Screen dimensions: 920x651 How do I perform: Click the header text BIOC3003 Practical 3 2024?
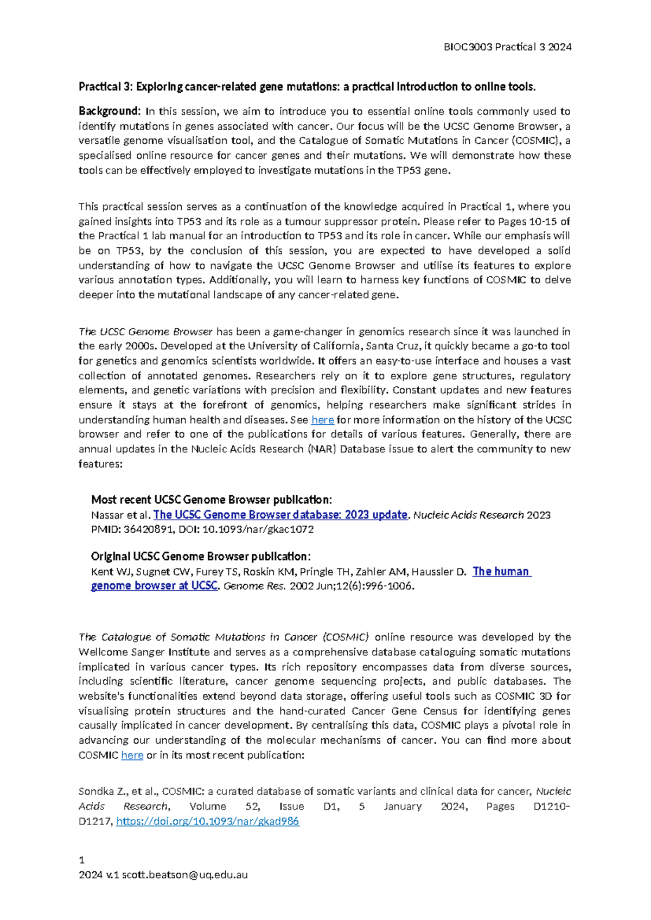coord(507,47)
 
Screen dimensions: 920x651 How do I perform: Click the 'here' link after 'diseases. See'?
coord(322,420)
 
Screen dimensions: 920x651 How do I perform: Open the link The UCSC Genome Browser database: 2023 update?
coord(280,515)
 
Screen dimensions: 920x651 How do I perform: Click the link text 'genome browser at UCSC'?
coord(154,586)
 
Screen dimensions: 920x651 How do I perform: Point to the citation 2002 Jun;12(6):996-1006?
coord(352,586)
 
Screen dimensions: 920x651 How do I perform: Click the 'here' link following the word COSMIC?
coord(132,755)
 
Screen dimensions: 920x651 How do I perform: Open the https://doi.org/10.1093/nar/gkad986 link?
coord(207,821)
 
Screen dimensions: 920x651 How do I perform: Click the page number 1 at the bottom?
coord(81,860)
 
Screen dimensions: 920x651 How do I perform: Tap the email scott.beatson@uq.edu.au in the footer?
coord(184,874)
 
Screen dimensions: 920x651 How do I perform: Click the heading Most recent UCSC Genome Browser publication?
coord(211,500)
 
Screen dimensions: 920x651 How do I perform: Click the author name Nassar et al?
coord(121,515)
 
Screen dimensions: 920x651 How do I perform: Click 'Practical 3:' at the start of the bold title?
coord(105,87)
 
